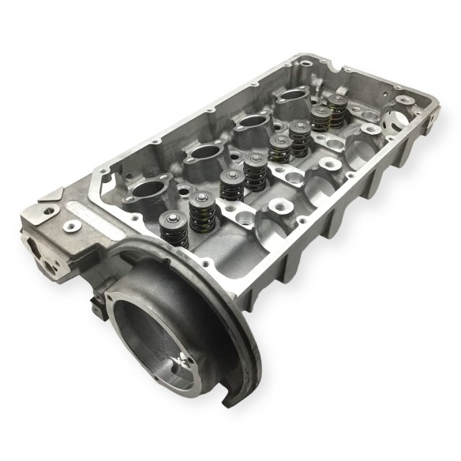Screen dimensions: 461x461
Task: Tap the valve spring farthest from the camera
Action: tap(338, 111)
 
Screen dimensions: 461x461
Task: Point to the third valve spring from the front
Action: tap(230, 185)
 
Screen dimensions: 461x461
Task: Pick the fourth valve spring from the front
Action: tap(254, 171)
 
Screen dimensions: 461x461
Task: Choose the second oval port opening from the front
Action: tap(201, 154)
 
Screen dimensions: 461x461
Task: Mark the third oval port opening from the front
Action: tap(250, 124)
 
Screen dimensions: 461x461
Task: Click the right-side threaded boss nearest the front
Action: tap(281, 207)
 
